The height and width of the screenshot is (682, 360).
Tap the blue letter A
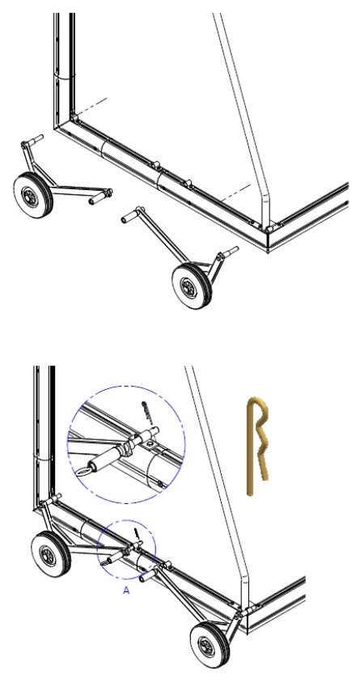[126, 591]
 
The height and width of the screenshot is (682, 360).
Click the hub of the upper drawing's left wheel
[30, 197]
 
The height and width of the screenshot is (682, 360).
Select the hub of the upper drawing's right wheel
[188, 287]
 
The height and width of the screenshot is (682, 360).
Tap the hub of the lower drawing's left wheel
[48, 556]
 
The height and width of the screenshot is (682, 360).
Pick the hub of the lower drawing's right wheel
[206, 646]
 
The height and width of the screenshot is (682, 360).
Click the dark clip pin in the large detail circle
[147, 413]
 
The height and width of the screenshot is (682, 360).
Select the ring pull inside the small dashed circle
[105, 563]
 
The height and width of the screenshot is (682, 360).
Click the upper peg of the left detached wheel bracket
[36, 140]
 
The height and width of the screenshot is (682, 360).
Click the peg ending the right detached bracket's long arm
[129, 216]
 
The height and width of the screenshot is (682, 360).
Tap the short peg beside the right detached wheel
[231, 252]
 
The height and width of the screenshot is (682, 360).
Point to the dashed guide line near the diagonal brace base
[235, 193]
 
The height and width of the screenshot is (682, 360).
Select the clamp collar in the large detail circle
[126, 449]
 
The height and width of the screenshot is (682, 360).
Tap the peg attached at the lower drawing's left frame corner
[53, 499]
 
